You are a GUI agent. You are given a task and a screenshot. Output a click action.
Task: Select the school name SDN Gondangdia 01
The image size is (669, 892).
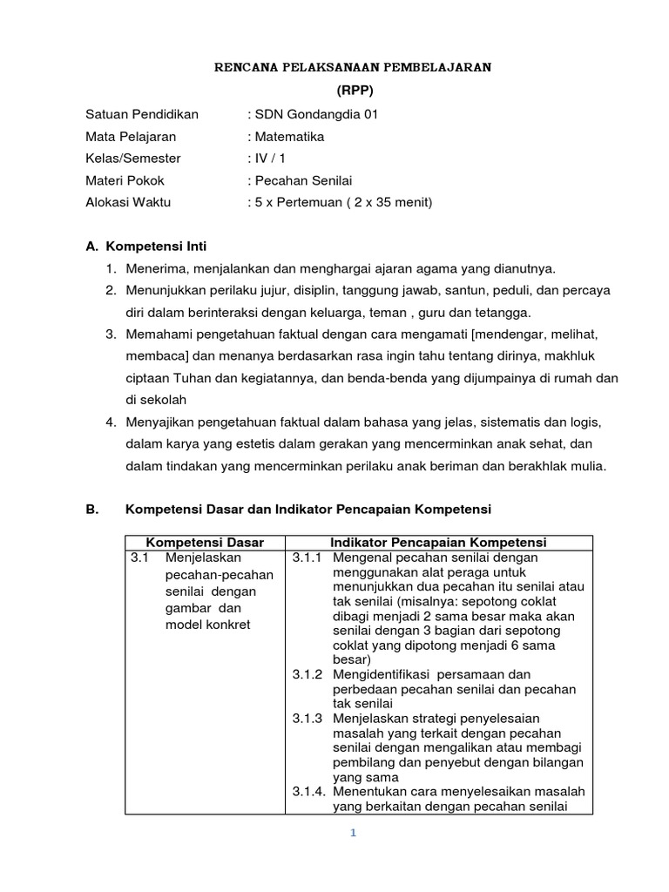pyautogui.click(x=317, y=114)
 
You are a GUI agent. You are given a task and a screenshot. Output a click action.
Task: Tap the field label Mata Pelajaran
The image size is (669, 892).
pyautogui.click(x=131, y=137)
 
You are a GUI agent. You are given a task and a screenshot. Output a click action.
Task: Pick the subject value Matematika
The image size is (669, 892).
pyautogui.click(x=289, y=137)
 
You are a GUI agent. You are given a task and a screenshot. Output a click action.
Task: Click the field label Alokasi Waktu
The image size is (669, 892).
pyautogui.click(x=129, y=202)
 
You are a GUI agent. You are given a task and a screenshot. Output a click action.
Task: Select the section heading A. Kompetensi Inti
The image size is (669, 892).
pyautogui.click(x=146, y=247)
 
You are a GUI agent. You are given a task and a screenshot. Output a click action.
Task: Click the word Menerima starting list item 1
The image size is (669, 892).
pyautogui.click(x=153, y=268)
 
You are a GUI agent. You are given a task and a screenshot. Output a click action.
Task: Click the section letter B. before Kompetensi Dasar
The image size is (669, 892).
pyautogui.click(x=93, y=509)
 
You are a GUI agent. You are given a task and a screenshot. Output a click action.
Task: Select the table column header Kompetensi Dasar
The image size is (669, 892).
pyautogui.click(x=204, y=543)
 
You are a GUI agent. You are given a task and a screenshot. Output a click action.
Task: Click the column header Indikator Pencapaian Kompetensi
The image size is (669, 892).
pyautogui.click(x=438, y=543)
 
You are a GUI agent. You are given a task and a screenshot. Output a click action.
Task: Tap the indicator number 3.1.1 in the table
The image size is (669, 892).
pyautogui.click(x=307, y=557)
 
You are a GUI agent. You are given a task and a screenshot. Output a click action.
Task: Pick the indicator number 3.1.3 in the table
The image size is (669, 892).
pyautogui.click(x=307, y=719)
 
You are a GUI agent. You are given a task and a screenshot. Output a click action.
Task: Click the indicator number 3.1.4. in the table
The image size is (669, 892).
pyautogui.click(x=309, y=791)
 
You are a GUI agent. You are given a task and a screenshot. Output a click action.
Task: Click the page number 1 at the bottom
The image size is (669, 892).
pyautogui.click(x=353, y=833)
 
